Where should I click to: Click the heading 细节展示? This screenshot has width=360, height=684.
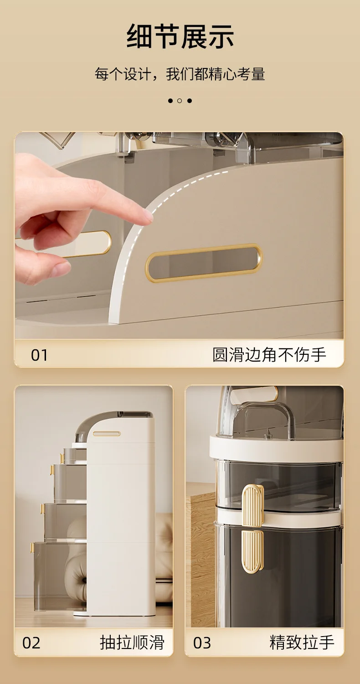point(180,36)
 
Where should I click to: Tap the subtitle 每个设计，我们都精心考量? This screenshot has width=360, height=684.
point(180,74)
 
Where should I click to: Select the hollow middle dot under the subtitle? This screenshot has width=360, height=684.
point(180,101)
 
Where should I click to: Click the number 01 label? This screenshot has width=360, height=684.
point(39,355)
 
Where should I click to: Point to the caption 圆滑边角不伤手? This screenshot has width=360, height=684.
point(269,354)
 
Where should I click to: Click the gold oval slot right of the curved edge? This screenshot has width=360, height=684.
point(204,263)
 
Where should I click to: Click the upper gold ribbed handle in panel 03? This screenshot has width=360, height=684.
point(252,506)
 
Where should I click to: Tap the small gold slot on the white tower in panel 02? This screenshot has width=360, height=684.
point(107,434)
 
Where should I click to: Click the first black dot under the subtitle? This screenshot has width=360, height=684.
point(170,101)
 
